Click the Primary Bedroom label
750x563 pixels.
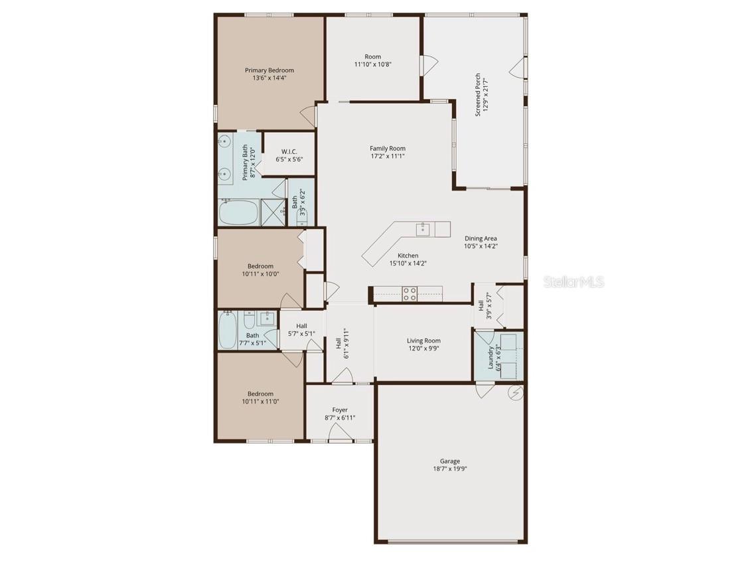pos(269,70)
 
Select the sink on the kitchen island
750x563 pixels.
pos(423,229)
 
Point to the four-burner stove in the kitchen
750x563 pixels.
pos(410,293)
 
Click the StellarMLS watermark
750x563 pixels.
pos(573,282)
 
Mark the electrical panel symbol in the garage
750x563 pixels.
pos(515,393)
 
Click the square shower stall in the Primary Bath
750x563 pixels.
pos(272,213)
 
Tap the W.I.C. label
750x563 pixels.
pos(289,152)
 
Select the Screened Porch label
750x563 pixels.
pos(477,95)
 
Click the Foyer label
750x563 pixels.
pos(340,410)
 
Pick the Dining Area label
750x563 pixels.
pos(481,238)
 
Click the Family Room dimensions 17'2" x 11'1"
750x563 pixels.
pos(388,156)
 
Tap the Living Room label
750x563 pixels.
pos(423,341)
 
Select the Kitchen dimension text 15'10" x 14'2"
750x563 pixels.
pos(408,263)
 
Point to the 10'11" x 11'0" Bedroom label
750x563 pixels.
pos(260,394)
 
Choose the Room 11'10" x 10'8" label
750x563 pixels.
pos(372,57)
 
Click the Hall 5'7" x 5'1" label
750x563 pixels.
pos(301,326)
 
